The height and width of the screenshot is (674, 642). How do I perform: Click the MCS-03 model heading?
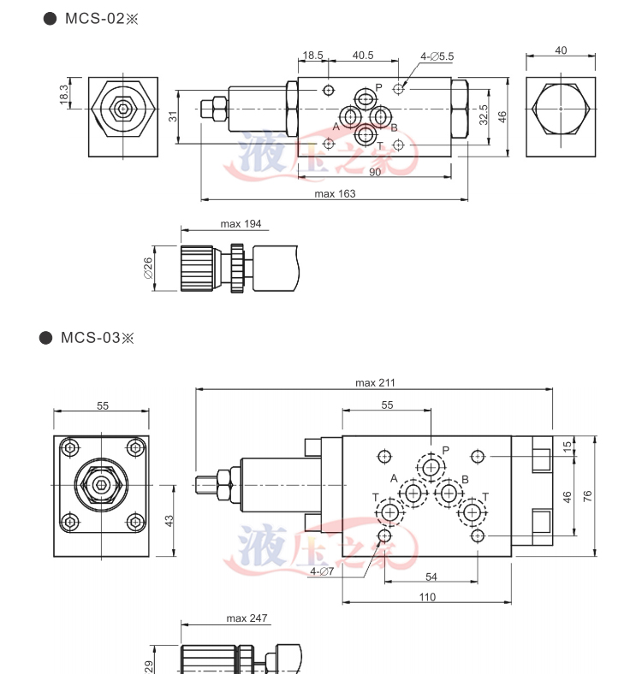pyautogui.click(x=95, y=337)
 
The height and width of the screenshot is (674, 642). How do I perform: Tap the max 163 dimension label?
pyautogui.click(x=335, y=193)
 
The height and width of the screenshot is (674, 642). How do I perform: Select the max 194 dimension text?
pyautogui.click(x=241, y=224)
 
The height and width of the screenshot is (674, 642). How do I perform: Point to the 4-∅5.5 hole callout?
pyautogui.click(x=437, y=56)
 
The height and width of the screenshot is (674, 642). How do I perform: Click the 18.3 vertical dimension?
pyautogui.click(x=63, y=93)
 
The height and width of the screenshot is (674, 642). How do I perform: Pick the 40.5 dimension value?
pyautogui.click(x=363, y=56)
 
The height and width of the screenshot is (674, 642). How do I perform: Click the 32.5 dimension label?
pyautogui.click(x=484, y=115)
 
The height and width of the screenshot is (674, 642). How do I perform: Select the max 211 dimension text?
pyautogui.click(x=375, y=382)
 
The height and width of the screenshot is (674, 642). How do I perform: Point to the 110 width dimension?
pyautogui.click(x=427, y=597)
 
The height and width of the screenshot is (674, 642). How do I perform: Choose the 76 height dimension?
pyautogui.click(x=587, y=496)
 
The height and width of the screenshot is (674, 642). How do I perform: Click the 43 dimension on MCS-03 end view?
pyautogui.click(x=169, y=520)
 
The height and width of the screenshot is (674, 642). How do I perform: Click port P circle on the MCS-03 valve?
pyautogui.click(x=431, y=467)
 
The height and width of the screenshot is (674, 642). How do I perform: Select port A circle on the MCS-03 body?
pyautogui.click(x=414, y=493)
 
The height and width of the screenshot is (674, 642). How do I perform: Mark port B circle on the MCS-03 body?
pyautogui.click(x=447, y=493)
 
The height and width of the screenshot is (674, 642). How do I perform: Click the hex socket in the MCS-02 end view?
pyautogui.click(x=121, y=109)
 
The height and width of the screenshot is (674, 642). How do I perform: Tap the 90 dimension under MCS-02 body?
pyautogui.click(x=375, y=172)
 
